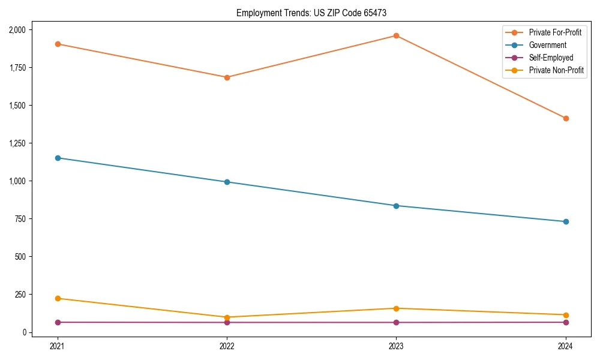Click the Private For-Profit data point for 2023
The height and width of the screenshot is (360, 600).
396,35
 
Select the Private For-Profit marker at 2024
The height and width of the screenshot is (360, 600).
566,118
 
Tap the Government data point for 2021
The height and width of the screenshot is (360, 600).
58,158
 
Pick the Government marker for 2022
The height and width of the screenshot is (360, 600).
227,182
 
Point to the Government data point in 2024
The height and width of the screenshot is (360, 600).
566,221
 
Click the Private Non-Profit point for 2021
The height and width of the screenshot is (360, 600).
58,298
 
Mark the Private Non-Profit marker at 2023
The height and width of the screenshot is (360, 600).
396,308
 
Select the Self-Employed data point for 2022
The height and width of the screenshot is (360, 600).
227,322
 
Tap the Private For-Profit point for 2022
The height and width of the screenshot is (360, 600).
227,77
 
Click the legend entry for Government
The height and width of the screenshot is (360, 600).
547,45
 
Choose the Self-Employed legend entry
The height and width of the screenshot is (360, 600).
551,58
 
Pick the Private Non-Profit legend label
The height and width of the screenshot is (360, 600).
556,70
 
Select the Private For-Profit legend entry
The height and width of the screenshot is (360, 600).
555,32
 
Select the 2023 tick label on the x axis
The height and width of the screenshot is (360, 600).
396,346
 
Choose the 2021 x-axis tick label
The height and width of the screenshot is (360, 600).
58,346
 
